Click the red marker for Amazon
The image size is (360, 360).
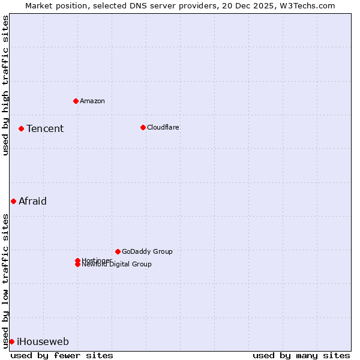point(76,101)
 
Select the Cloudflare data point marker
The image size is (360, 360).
point(143,127)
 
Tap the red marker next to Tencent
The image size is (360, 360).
point(21,128)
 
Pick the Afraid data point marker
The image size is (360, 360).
point(13,201)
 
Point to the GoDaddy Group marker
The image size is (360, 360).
point(118,251)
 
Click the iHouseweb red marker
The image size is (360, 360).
point(11,341)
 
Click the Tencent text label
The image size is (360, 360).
point(45,128)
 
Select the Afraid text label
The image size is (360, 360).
point(32,201)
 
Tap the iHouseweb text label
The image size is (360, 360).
point(43,342)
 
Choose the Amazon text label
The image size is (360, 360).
point(92,101)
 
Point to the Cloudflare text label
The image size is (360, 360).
point(163,127)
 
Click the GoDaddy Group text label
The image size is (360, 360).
point(147,251)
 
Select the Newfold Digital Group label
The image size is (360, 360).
point(117,265)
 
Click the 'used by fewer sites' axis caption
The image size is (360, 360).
point(62,355)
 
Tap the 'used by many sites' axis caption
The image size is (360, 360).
point(301,355)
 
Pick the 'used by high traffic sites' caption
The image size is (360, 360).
point(5,85)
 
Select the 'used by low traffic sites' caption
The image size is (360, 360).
point(5,280)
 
